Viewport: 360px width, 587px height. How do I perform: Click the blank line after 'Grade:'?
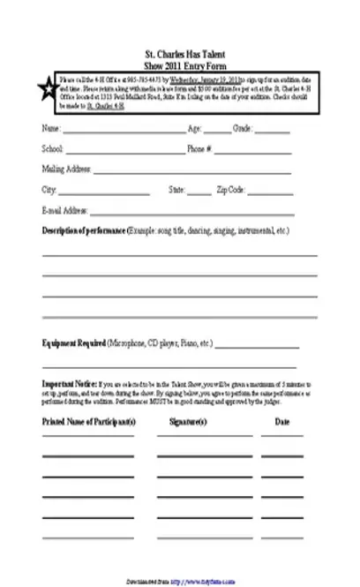[272, 132]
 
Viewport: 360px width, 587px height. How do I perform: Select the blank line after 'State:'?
[199, 191]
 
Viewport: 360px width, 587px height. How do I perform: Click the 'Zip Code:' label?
[232, 189]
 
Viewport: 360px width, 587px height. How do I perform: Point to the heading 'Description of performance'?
[85, 230]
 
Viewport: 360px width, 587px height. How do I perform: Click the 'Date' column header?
[282, 422]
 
